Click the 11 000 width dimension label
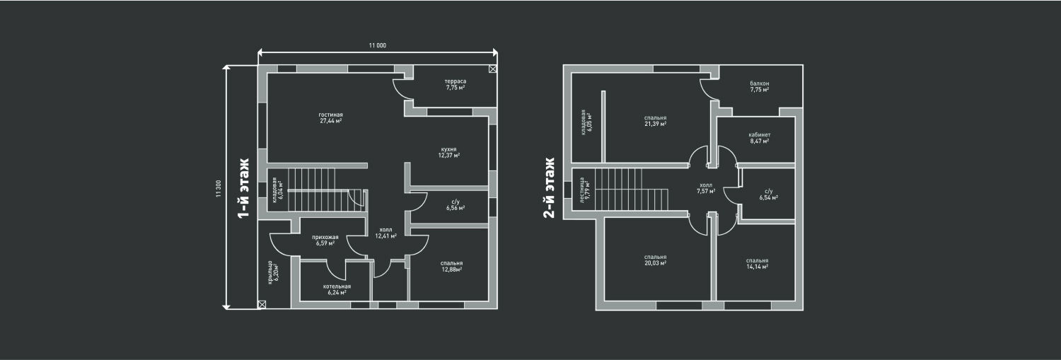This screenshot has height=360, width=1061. [x=377, y=45]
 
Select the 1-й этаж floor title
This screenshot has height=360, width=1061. [x=243, y=189]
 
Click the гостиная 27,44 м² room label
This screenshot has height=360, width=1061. [x=331, y=117]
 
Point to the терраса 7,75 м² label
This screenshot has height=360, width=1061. [x=455, y=84]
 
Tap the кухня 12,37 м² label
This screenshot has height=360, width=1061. [x=448, y=152]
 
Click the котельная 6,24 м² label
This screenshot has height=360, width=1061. [x=337, y=289]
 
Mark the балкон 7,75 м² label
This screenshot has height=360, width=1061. [x=760, y=87]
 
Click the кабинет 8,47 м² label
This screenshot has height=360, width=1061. [x=759, y=137]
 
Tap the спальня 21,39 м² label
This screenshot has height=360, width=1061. [x=655, y=121]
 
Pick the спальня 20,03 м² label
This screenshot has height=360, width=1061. [x=655, y=260]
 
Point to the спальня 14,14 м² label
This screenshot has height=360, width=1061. [x=757, y=263]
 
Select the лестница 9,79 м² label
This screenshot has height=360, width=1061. [x=584, y=190]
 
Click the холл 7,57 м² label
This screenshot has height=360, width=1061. [x=706, y=187]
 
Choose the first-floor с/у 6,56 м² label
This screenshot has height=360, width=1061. [x=455, y=205]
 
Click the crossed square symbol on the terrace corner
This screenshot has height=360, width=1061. [x=492, y=69]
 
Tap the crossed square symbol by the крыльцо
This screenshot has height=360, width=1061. [x=262, y=304]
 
